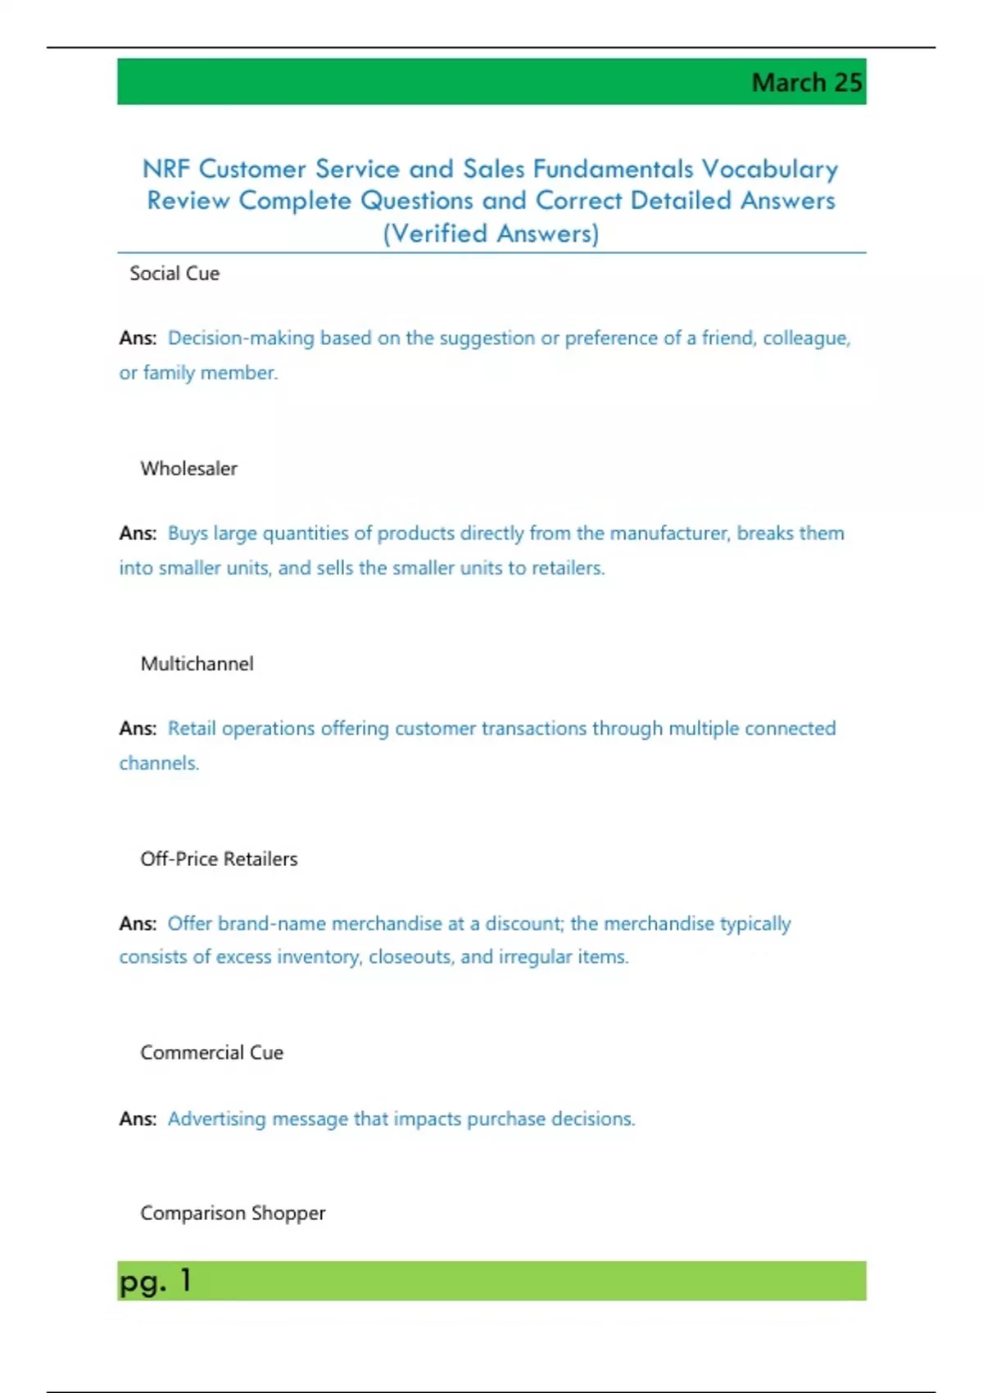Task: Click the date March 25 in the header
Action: click(806, 83)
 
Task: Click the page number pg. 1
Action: click(155, 1281)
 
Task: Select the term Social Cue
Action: click(174, 274)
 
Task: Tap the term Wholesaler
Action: click(188, 469)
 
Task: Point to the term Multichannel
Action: click(197, 664)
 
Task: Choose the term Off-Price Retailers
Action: click(219, 859)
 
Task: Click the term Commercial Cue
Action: click(211, 1053)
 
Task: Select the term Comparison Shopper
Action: click(233, 1213)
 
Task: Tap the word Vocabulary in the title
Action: click(770, 169)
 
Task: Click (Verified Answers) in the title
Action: click(491, 234)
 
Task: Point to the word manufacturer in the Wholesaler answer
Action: click(668, 533)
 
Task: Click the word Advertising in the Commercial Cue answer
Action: click(216, 1119)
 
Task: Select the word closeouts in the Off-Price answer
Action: click(410, 957)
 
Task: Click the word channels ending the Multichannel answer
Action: click(159, 764)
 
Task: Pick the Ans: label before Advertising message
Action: click(138, 1119)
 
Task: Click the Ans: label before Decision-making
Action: click(138, 338)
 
